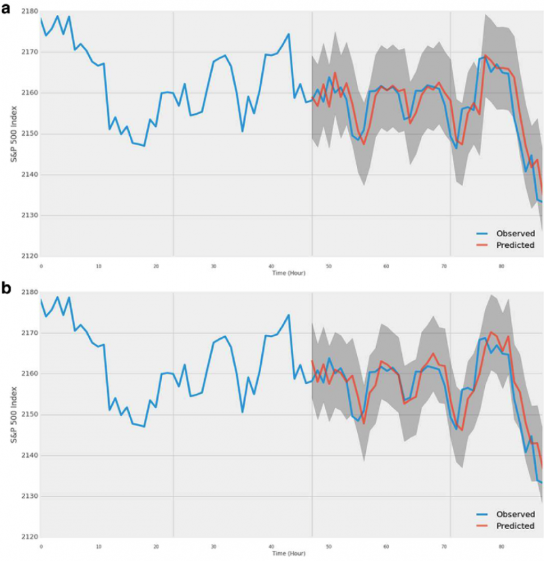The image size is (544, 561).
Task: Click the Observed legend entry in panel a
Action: [x=516, y=234]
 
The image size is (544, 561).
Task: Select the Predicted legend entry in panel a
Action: [x=516, y=245]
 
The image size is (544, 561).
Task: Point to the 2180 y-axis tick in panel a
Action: [x=29, y=12]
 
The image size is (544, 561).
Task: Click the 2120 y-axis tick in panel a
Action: [x=29, y=257]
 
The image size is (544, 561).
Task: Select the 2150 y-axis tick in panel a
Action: [x=29, y=134]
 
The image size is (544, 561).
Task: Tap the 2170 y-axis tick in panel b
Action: [x=29, y=333]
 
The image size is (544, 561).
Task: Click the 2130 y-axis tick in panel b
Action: [x=29, y=496]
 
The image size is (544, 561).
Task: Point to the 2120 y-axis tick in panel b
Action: [x=29, y=537]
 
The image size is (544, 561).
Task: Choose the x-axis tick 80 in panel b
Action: [x=502, y=547]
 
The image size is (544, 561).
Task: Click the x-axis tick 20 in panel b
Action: [x=156, y=547]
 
